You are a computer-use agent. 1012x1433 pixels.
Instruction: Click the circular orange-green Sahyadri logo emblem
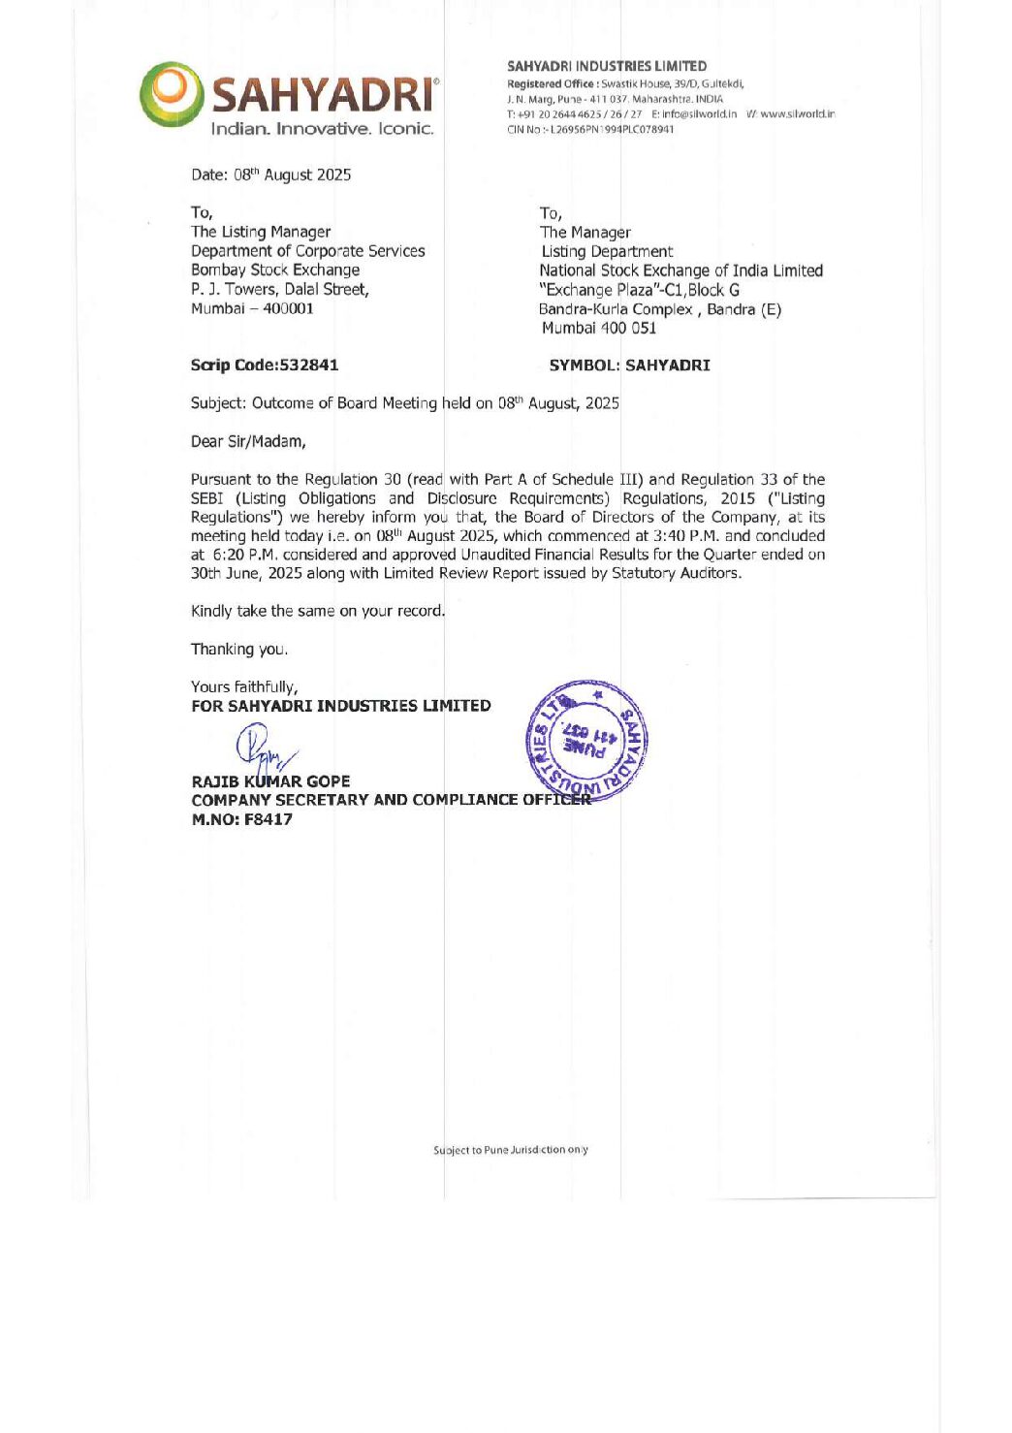(172, 94)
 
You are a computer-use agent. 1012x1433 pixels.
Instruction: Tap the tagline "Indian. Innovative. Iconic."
(322, 129)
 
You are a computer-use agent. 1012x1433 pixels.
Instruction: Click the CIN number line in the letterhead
(589, 129)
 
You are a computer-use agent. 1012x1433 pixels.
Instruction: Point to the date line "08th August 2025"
(292, 175)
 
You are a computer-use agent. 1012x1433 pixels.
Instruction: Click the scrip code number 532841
(308, 365)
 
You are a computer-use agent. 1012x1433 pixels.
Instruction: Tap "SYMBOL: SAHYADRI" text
(629, 366)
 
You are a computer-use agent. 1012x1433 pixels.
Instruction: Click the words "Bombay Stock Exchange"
(275, 270)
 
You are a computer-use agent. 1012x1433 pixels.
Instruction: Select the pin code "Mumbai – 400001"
(252, 308)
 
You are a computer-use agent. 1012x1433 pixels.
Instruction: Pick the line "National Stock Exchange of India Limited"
(680, 271)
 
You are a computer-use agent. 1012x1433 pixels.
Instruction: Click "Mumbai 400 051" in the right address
(598, 328)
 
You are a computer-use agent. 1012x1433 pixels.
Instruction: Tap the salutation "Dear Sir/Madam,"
(248, 441)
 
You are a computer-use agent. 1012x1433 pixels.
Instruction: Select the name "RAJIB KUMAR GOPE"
(270, 780)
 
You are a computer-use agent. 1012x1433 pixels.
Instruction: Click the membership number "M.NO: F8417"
(241, 819)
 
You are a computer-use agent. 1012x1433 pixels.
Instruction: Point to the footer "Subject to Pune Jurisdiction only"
(510, 1150)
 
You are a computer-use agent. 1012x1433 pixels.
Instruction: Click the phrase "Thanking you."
(239, 649)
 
